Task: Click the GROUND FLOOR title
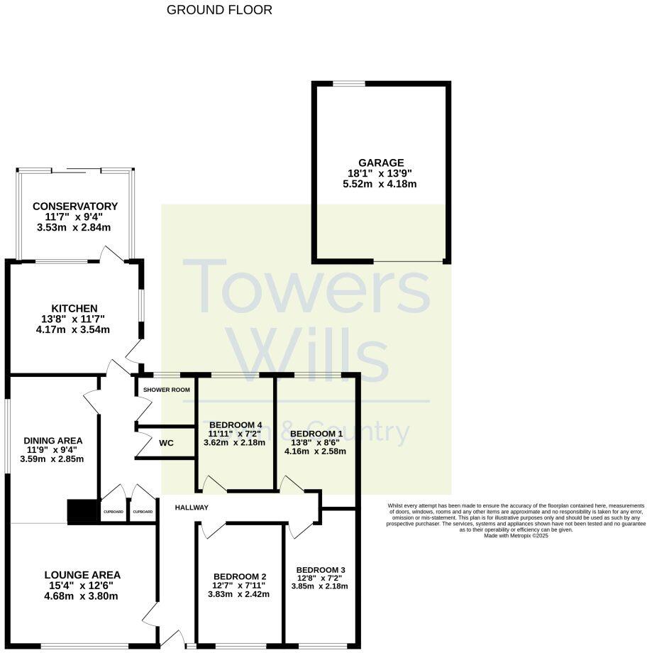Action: pyautogui.click(x=219, y=10)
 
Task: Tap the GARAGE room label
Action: pyautogui.click(x=381, y=163)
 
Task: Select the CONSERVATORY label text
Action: pyautogui.click(x=75, y=207)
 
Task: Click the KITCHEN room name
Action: pyautogui.click(x=74, y=308)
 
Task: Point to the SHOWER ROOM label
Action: pyautogui.click(x=166, y=390)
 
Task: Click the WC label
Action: pyautogui.click(x=166, y=443)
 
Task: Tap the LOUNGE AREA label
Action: pyautogui.click(x=82, y=575)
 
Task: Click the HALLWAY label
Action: pyautogui.click(x=192, y=507)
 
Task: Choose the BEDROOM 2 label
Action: pyautogui.click(x=240, y=576)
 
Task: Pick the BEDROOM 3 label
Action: pyautogui.click(x=321, y=570)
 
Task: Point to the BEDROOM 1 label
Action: pyautogui.click(x=316, y=434)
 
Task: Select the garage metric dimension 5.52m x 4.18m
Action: pyautogui.click(x=380, y=184)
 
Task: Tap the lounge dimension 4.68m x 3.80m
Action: pyautogui.click(x=82, y=596)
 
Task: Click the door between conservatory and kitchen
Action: pyautogui.click(x=111, y=254)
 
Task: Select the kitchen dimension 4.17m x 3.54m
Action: pyautogui.click(x=74, y=329)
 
